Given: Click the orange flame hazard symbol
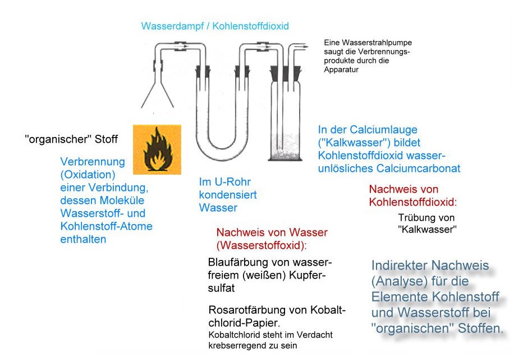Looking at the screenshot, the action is point(157,149).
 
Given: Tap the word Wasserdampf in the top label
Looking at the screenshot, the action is point(172,26).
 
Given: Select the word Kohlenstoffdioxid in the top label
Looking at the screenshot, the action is point(250,26).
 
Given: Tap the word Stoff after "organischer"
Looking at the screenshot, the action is point(106,139).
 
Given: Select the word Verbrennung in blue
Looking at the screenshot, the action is point(93,162).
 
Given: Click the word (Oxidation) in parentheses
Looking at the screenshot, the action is point(88,175).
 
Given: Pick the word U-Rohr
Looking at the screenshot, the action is point(233,182).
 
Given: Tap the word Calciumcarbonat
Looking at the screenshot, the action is point(418,168).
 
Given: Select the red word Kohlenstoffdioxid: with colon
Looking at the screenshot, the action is point(413,202).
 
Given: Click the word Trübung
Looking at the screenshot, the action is point(413,218).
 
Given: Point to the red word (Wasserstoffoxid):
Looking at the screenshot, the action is point(261,245).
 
